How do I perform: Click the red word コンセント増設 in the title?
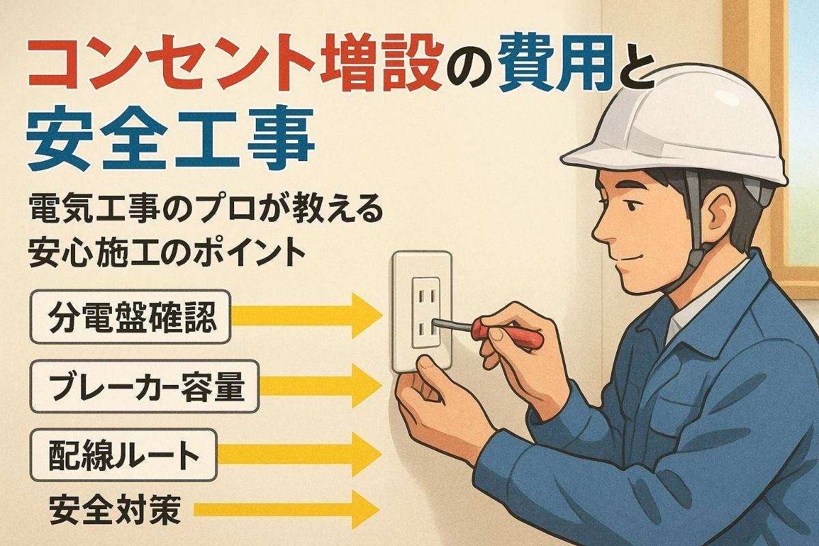[x=234, y=63]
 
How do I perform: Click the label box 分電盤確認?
[x=130, y=317]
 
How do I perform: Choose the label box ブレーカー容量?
[x=145, y=387]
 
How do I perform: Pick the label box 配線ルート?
[x=123, y=455]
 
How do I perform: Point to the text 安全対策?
[x=115, y=509]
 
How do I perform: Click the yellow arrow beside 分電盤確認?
[x=307, y=315]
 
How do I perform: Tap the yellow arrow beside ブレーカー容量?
[x=321, y=386]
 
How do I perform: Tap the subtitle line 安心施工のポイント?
[x=167, y=253]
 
